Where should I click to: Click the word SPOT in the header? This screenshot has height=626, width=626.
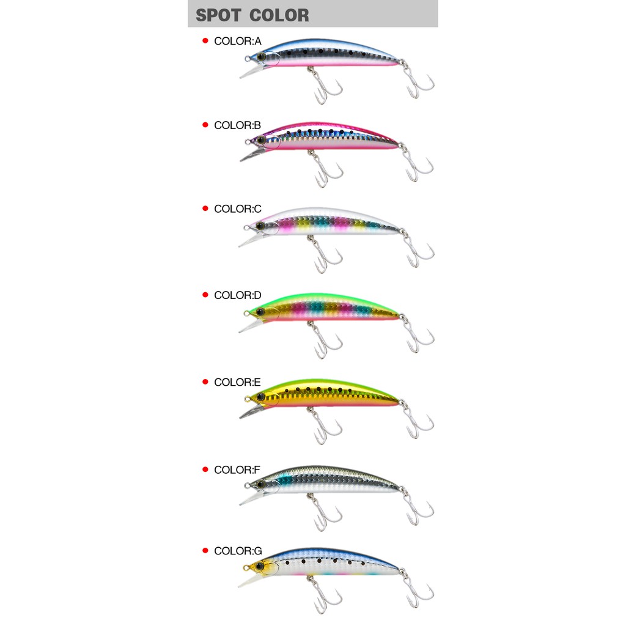coord(218,15)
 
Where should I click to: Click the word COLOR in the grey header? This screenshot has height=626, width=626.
coord(279,15)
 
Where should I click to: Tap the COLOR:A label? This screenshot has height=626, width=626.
coord(238,41)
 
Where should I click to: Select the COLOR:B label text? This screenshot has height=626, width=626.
coord(238,125)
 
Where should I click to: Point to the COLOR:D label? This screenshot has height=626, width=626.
coord(238,295)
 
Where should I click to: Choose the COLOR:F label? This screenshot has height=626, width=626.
coord(237,470)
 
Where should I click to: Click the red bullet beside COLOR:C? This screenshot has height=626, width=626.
coord(205,208)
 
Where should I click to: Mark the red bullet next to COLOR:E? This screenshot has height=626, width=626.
coord(205,382)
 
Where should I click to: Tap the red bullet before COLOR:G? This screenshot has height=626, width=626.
coord(205,551)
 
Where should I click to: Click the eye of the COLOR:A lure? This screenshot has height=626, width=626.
coord(261,56)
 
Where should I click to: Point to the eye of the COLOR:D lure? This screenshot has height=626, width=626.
coord(260,311)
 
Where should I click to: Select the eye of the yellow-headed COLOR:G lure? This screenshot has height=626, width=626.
coord(260,566)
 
